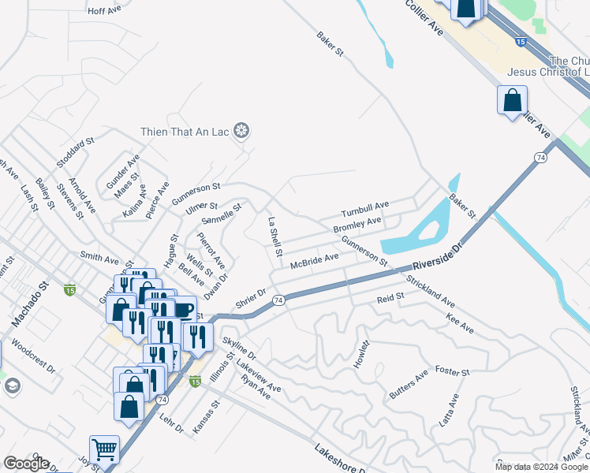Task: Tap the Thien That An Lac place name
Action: tap(186, 132)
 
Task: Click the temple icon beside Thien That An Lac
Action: tap(242, 131)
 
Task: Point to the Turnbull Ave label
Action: tap(365, 210)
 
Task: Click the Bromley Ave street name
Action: tap(357, 225)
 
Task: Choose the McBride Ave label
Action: tap(314, 260)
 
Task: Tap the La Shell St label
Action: tap(274, 238)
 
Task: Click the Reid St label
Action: tap(390, 297)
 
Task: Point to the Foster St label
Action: tap(453, 371)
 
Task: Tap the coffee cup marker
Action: tap(183, 310)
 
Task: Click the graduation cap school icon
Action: tap(12, 385)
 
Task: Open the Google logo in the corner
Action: tap(26, 464)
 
